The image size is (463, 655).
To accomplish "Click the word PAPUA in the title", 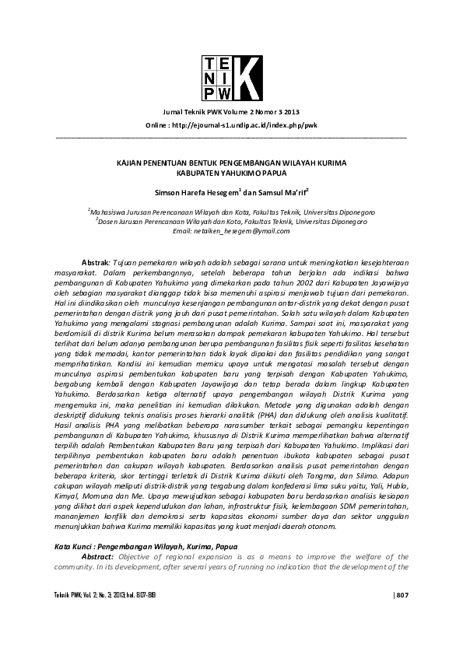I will pos(265,173).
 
